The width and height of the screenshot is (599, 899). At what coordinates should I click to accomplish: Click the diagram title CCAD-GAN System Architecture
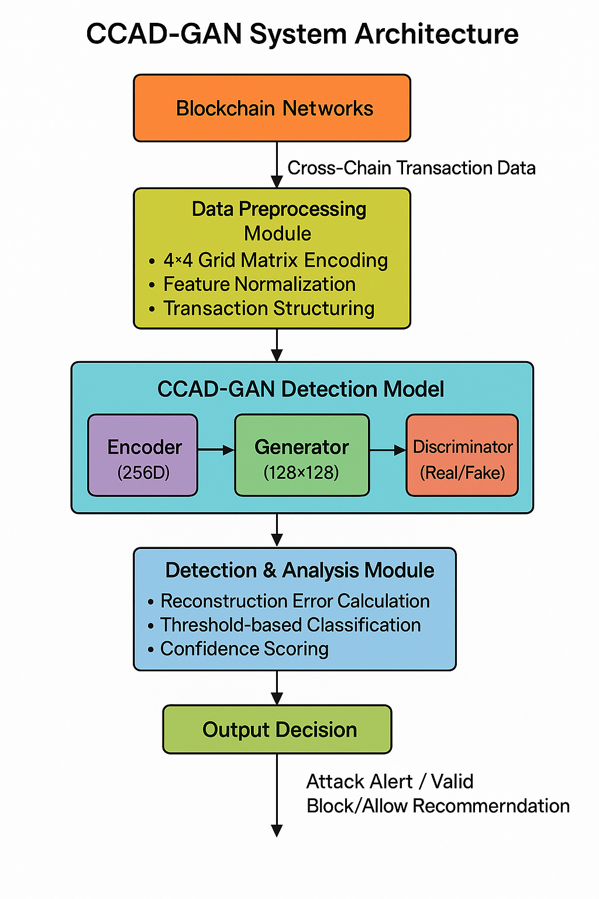(302, 34)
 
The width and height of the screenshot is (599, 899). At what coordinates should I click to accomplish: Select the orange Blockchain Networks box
(272, 108)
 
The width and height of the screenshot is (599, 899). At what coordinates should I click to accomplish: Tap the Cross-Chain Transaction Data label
(411, 168)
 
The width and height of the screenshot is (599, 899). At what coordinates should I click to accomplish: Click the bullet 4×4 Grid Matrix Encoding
(275, 260)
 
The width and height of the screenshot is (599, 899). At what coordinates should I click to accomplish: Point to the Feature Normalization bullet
(259, 284)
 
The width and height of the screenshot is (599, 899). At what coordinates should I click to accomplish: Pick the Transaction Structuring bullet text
(268, 308)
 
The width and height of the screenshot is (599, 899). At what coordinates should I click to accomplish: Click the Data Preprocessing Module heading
(278, 221)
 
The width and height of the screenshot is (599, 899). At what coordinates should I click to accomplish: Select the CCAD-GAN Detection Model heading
(301, 389)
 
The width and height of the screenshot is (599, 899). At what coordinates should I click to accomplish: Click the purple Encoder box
(143, 455)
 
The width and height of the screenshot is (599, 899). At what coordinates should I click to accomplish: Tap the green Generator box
(302, 455)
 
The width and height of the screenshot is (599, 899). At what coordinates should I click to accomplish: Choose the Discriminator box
(462, 455)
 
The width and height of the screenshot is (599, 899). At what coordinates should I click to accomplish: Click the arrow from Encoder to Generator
(216, 449)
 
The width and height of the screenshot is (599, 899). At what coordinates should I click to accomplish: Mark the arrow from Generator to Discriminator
(388, 450)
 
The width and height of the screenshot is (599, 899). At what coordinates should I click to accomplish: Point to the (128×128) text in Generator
(301, 472)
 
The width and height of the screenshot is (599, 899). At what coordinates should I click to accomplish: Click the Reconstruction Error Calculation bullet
(295, 601)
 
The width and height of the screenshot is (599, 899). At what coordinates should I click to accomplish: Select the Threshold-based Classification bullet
(290, 625)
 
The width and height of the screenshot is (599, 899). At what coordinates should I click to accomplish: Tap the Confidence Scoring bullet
(244, 649)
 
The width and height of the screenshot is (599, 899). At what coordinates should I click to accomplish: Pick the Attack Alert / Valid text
(390, 781)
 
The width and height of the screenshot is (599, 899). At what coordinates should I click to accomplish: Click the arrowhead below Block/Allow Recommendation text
(277, 831)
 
